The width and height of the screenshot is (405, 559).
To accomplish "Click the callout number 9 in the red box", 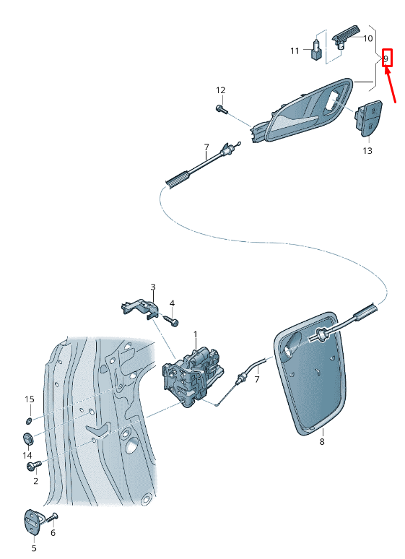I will pyautogui.click(x=386, y=58).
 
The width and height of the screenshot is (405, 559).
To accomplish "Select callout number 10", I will pyautogui.click(x=367, y=38).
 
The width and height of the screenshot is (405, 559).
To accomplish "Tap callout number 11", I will pyautogui.click(x=295, y=51).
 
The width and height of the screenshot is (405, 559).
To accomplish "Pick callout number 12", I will pyautogui.click(x=220, y=90).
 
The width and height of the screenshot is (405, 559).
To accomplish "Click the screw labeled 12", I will pyautogui.click(x=220, y=109).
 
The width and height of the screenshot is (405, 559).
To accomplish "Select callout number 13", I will pyautogui.click(x=367, y=151).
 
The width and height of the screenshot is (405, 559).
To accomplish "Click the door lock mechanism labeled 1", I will pyautogui.click(x=193, y=373).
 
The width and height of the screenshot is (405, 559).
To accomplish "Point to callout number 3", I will pyautogui.click(x=153, y=287).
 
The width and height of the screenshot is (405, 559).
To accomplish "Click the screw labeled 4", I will pyautogui.click(x=173, y=318).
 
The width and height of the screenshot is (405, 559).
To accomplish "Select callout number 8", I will pyautogui.click(x=322, y=441).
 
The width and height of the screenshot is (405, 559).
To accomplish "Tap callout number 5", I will pyautogui.click(x=33, y=548).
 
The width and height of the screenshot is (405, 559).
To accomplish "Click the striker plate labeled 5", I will pyautogui.click(x=34, y=521).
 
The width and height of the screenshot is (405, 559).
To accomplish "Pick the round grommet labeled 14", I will pyautogui.click(x=28, y=438).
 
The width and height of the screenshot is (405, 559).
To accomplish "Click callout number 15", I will pyautogui.click(x=29, y=399).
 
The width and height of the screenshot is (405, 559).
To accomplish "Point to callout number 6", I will pyautogui.click(x=52, y=533).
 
